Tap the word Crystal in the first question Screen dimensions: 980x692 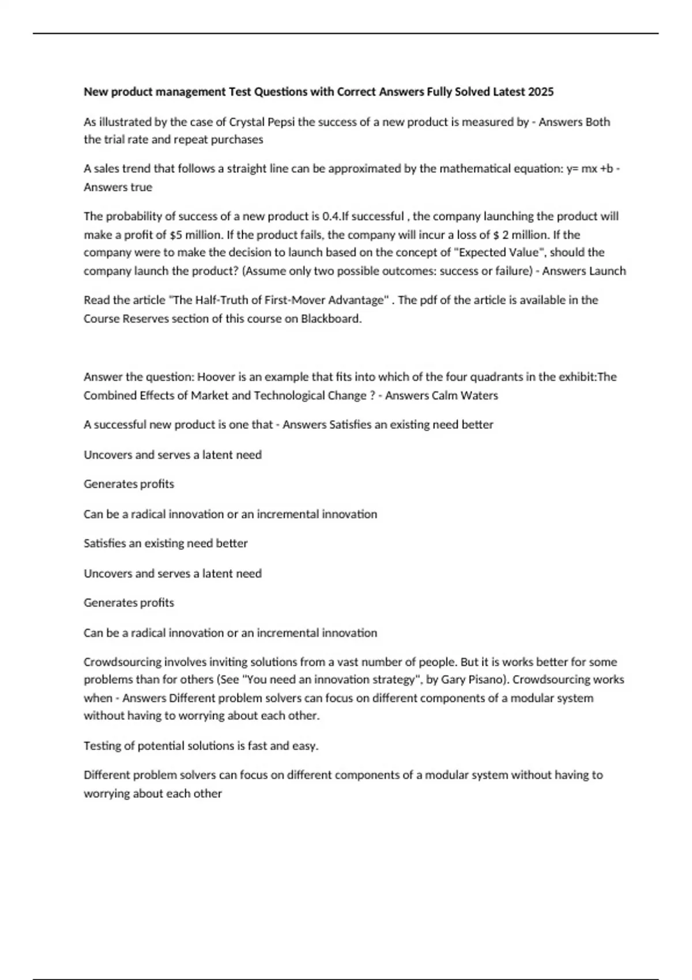[247, 122]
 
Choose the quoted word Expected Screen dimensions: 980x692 [480, 252]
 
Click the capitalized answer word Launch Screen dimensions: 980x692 [608, 271]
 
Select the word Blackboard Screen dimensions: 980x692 [330, 319]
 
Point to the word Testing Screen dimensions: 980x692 [102, 746]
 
